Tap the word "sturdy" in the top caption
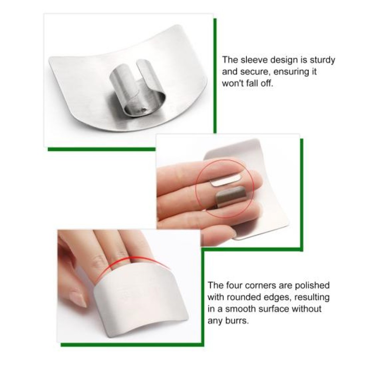pos(322,60)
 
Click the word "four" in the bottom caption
pos(234,285)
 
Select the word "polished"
pos(312,286)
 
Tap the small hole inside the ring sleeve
pos(143,109)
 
